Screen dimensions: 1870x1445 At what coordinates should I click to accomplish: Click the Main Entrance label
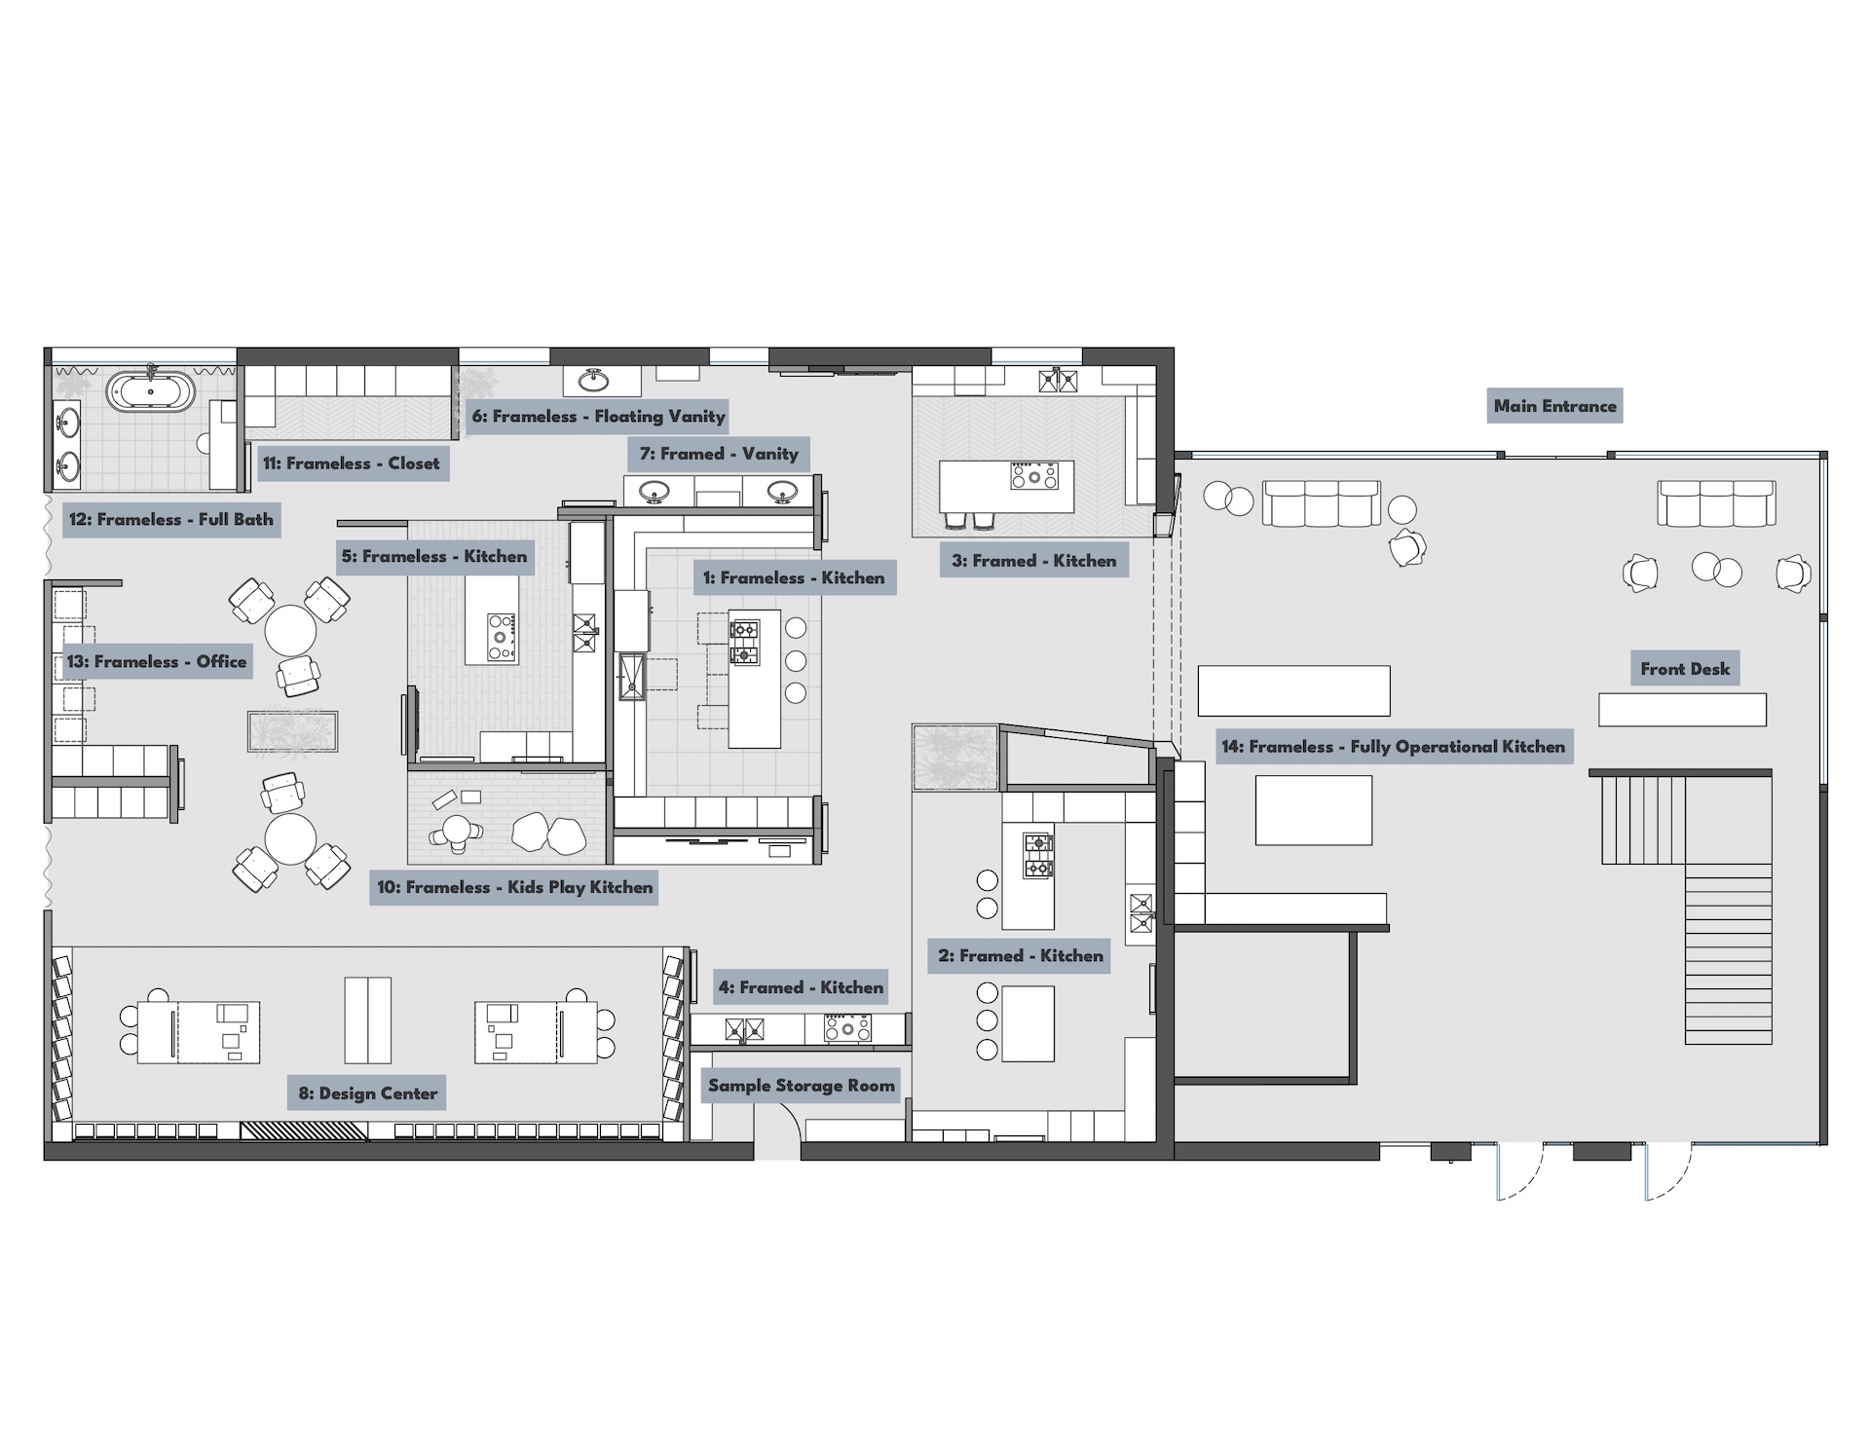pos(1554,406)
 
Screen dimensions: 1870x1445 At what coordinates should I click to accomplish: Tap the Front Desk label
pos(1685,669)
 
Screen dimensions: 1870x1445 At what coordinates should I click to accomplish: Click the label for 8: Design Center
pos(368,1093)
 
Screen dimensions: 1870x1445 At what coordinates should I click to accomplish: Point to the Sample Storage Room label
pos(801,1086)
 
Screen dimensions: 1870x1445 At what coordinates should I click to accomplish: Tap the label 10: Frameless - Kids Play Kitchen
pos(514,887)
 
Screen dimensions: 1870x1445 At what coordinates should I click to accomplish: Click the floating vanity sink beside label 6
pos(594,379)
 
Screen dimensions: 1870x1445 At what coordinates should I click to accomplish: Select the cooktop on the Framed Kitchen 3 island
pos(1034,476)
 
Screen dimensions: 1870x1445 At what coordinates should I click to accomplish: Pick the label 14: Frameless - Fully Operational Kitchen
pos(1393,747)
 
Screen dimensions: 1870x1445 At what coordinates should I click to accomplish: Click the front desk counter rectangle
pos(1682,710)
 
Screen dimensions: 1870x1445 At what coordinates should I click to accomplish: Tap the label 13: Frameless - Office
pos(157,662)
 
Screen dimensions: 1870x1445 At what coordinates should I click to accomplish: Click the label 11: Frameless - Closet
pos(351,463)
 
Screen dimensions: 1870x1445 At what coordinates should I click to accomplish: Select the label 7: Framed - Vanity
pos(719,454)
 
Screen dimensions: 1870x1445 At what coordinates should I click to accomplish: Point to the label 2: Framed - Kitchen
pos(1021,956)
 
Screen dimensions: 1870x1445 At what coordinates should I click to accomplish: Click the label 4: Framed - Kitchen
pos(801,987)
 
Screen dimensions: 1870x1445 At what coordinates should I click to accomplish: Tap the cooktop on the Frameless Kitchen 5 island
pos(501,635)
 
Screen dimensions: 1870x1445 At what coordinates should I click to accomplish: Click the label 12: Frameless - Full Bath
pos(171,519)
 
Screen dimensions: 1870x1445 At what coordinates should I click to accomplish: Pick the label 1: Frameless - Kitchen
pos(794,577)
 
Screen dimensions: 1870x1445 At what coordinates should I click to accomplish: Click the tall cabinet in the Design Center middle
pos(368,1020)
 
